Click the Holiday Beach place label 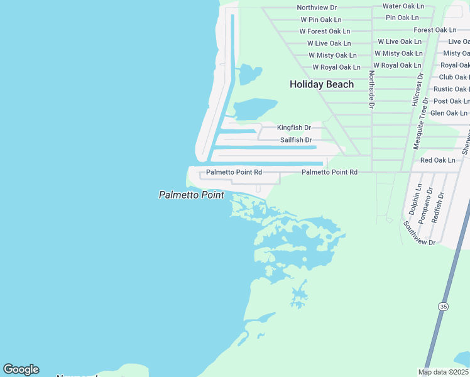pyautogui.click(x=321, y=84)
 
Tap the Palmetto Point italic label pyautogui.click(x=191, y=195)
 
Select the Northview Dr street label pyautogui.click(x=317, y=8)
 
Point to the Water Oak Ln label pyautogui.click(x=403, y=6)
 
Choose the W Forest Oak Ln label pyautogui.click(x=324, y=31)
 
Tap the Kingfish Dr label pyautogui.click(x=294, y=128)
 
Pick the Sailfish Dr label pyautogui.click(x=296, y=139)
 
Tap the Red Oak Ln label pyautogui.click(x=437, y=160)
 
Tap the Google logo pyautogui.click(x=21, y=369)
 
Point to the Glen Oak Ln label pyautogui.click(x=449, y=113)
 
